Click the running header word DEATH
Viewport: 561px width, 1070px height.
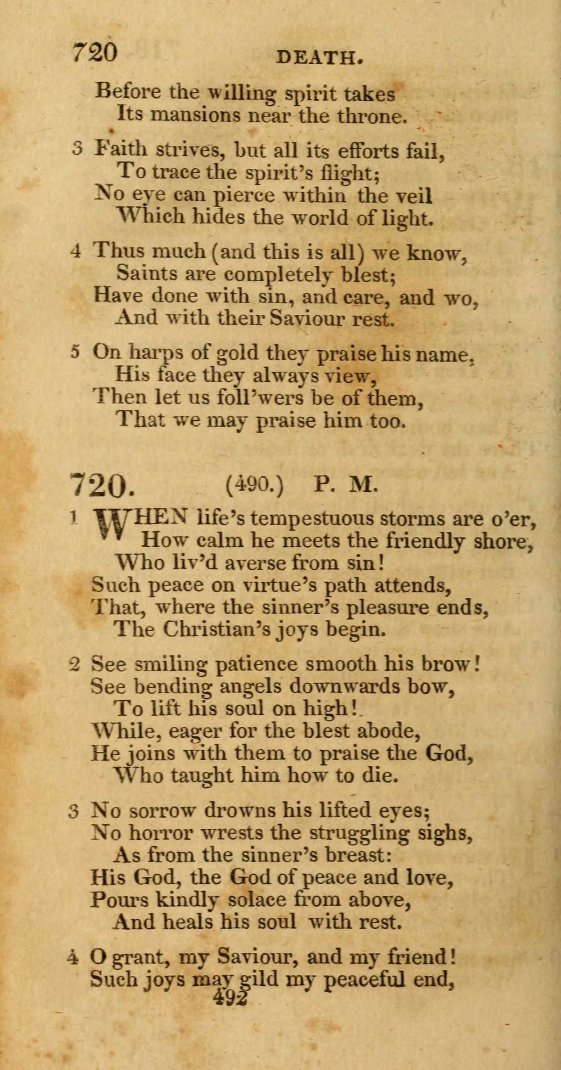319,59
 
